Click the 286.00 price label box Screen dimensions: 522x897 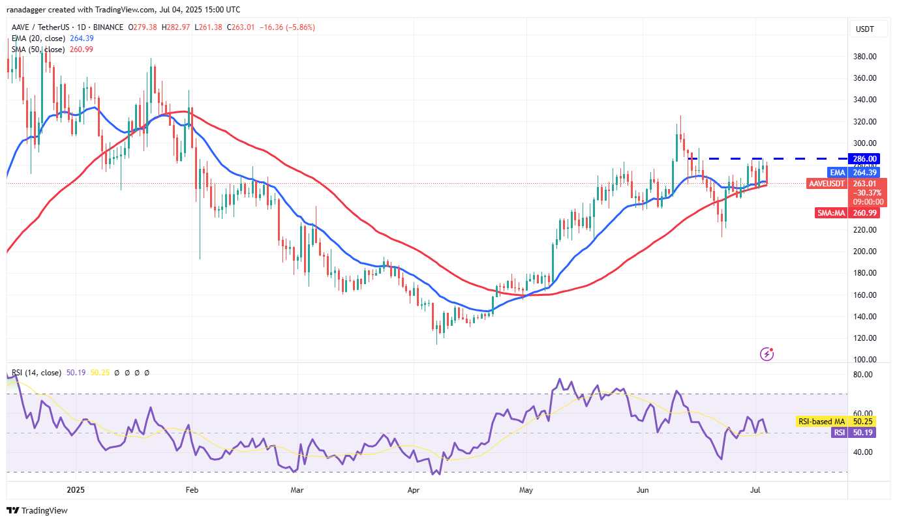[x=864, y=158]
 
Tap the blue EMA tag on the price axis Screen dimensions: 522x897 [x=838, y=172]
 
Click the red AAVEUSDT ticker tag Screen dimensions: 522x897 [x=826, y=184]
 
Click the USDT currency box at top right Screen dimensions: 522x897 [x=864, y=29]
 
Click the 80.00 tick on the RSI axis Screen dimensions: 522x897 [x=863, y=375]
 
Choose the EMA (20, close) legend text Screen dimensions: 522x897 [x=38, y=38]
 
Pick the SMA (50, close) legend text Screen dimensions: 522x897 [x=38, y=50]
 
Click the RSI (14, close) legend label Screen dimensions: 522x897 [x=35, y=373]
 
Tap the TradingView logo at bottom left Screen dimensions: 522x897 [x=37, y=510]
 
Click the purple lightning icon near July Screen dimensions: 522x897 [x=767, y=354]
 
